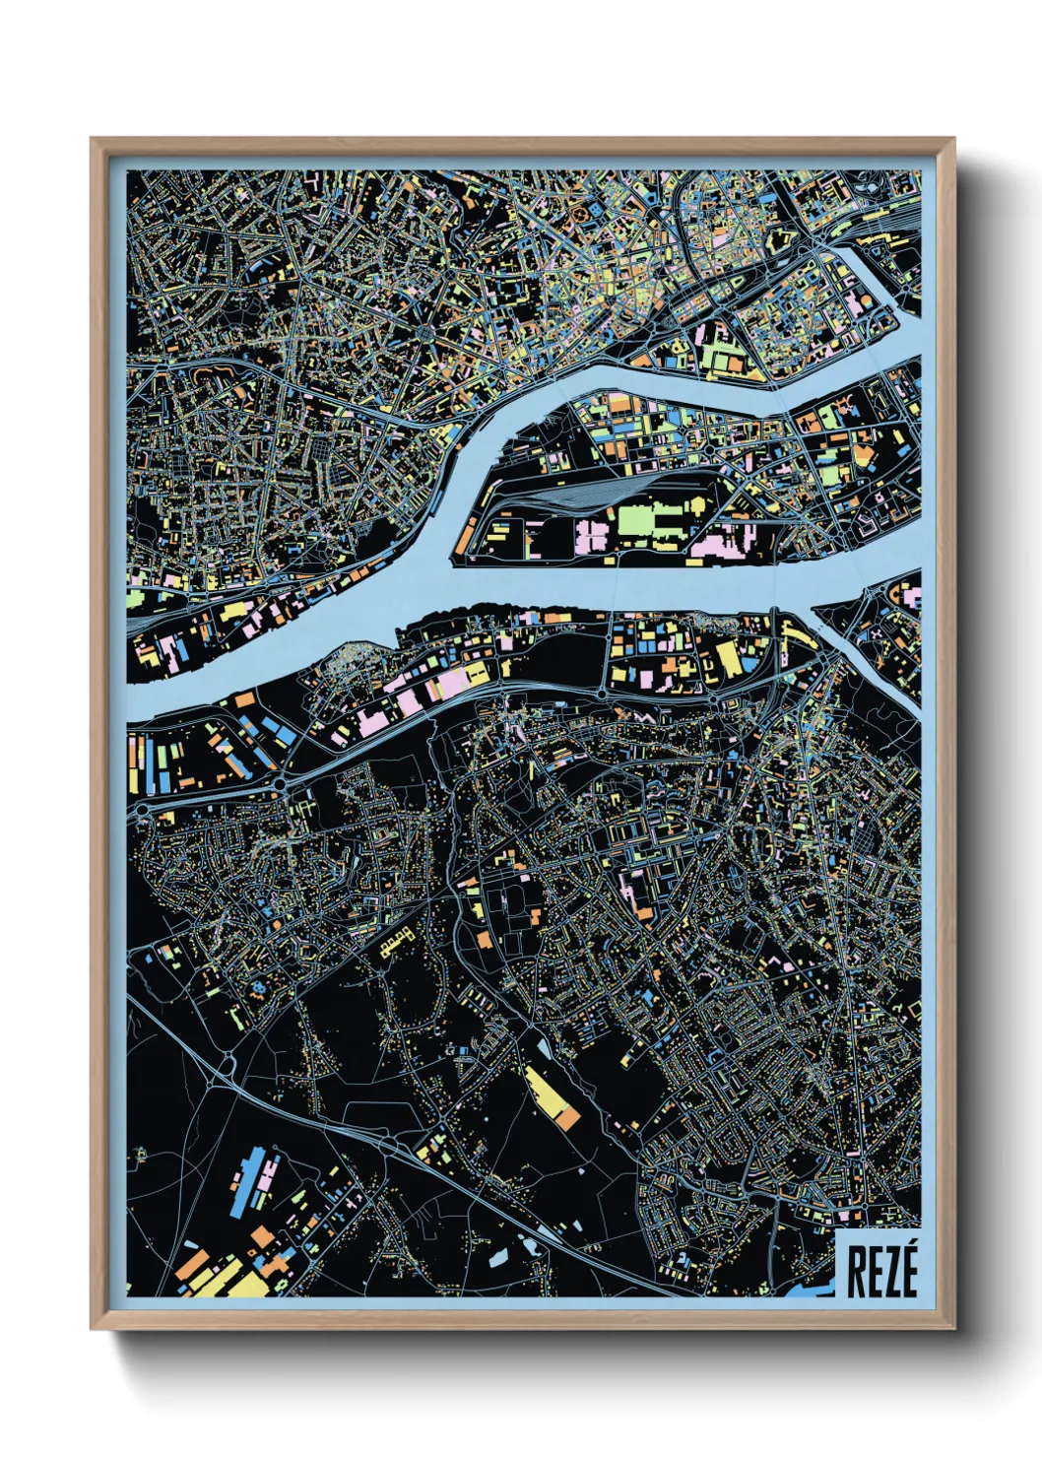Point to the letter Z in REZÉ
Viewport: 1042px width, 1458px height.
pyautogui.click(x=889, y=1272)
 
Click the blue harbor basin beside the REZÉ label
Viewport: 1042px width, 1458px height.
pyautogui.click(x=810, y=1287)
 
